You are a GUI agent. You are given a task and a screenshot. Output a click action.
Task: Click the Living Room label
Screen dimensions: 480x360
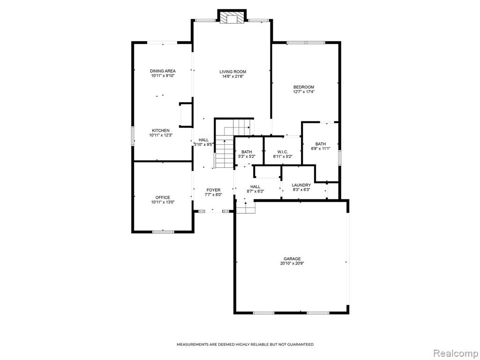[232, 72]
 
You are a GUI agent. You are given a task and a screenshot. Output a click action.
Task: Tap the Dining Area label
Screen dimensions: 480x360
[163, 71]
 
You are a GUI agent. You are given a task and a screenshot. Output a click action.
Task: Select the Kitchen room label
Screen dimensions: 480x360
[161, 130]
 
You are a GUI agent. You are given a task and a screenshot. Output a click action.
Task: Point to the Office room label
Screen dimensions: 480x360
[163, 197]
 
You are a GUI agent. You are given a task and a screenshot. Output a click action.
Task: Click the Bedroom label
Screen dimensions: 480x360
[304, 87]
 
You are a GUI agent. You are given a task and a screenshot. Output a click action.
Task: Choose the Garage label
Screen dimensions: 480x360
[292, 259]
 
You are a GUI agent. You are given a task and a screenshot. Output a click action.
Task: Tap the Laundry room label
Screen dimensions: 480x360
[301, 185]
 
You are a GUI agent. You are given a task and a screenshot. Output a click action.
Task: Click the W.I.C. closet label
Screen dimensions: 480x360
[283, 152]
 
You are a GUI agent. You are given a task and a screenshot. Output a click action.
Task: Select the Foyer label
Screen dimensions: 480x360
[213, 190]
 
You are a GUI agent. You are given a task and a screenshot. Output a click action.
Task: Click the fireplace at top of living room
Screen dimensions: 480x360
[232, 16]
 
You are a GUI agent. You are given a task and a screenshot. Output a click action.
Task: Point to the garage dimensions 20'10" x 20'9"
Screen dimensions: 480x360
[292, 263]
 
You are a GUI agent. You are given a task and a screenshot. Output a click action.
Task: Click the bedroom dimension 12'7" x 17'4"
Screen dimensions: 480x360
[304, 91]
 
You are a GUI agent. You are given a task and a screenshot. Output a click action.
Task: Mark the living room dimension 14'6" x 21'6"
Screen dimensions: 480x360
[232, 76]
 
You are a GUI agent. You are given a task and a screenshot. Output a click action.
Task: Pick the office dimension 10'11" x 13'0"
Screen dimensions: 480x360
[163, 202]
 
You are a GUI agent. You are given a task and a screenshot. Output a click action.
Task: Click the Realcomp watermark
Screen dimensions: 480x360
[455, 353]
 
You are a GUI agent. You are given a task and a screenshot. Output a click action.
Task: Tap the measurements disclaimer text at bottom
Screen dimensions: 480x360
[245, 345]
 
